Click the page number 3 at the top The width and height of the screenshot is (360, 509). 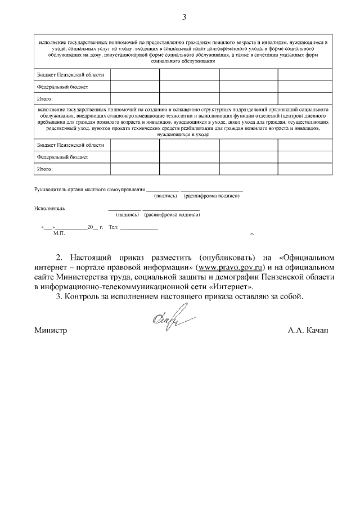click(183, 16)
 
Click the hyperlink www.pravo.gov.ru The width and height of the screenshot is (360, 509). click(230, 267)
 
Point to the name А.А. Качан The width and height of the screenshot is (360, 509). click(308, 331)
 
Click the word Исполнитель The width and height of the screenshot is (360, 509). click(49, 208)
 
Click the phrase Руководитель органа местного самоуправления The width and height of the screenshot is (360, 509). click(89, 190)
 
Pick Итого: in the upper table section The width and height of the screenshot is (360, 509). click(45, 98)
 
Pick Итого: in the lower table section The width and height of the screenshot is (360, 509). click(45, 168)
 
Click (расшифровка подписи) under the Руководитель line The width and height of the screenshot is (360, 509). click(211, 196)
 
